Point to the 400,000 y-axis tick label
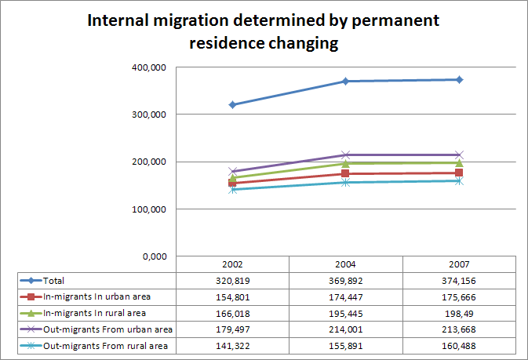tap(147, 67)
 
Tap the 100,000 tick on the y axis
tap(147, 209)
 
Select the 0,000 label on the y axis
tap(152, 256)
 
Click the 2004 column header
tap(345, 265)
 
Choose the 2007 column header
tap(459, 265)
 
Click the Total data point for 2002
tap(233, 104)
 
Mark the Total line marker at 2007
tap(459, 79)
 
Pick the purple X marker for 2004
tap(346, 155)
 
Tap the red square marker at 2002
tap(233, 183)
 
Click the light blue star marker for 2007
tap(459, 180)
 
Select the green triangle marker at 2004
tap(346, 163)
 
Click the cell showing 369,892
tap(345, 280)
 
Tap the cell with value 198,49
tap(459, 313)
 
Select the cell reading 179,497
tap(232, 329)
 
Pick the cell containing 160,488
tap(459, 346)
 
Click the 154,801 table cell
tap(232, 296)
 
